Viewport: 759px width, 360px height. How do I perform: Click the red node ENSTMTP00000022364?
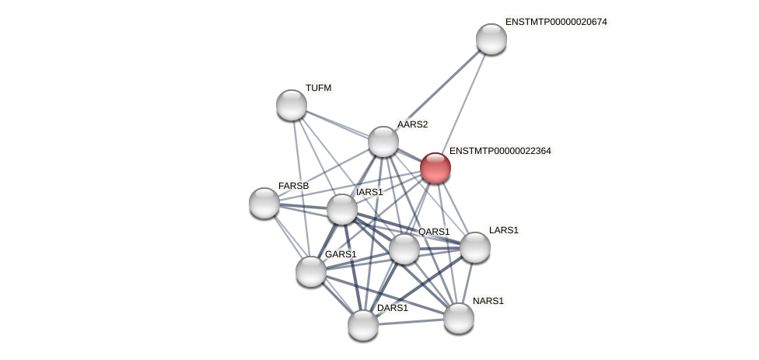pyautogui.click(x=435, y=168)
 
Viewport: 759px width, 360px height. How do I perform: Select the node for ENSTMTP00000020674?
pyautogui.click(x=491, y=39)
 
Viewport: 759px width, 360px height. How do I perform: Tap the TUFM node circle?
pyautogui.click(x=292, y=105)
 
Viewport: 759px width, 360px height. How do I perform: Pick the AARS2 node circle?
pyautogui.click(x=383, y=142)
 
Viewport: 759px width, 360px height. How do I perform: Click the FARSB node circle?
pyautogui.click(x=264, y=203)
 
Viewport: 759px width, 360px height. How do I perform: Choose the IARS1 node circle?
pyautogui.click(x=342, y=209)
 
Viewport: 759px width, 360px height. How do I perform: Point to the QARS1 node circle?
pyautogui.click(x=404, y=249)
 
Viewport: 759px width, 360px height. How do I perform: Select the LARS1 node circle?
pyautogui.click(x=475, y=247)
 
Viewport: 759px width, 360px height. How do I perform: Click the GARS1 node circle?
pyautogui.click(x=311, y=271)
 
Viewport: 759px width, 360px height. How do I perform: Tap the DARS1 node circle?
pyautogui.click(x=363, y=325)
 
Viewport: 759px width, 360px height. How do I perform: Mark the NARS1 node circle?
pyautogui.click(x=459, y=318)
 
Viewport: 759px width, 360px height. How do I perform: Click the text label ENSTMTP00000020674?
pyautogui.click(x=555, y=22)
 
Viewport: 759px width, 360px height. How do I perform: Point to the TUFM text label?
pyautogui.click(x=318, y=88)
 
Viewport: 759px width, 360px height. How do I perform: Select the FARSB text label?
pyautogui.click(x=293, y=186)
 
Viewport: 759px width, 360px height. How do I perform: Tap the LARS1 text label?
pyautogui.click(x=503, y=230)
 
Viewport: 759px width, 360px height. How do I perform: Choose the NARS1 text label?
pyautogui.click(x=488, y=301)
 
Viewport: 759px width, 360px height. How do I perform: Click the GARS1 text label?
pyautogui.click(x=340, y=254)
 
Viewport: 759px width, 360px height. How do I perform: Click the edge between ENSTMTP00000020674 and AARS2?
pyautogui.click(x=437, y=90)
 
